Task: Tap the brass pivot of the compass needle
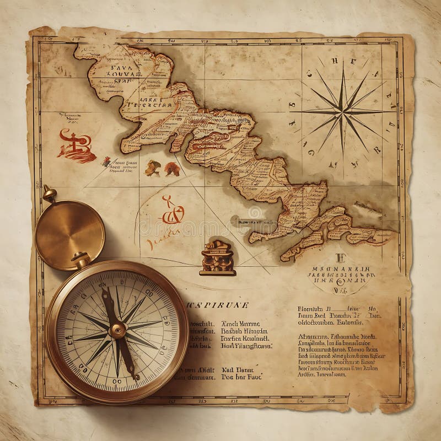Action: tap(117, 329)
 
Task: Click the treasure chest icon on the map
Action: tap(217, 258)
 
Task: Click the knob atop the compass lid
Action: tap(48, 193)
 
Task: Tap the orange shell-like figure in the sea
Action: tap(152, 168)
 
